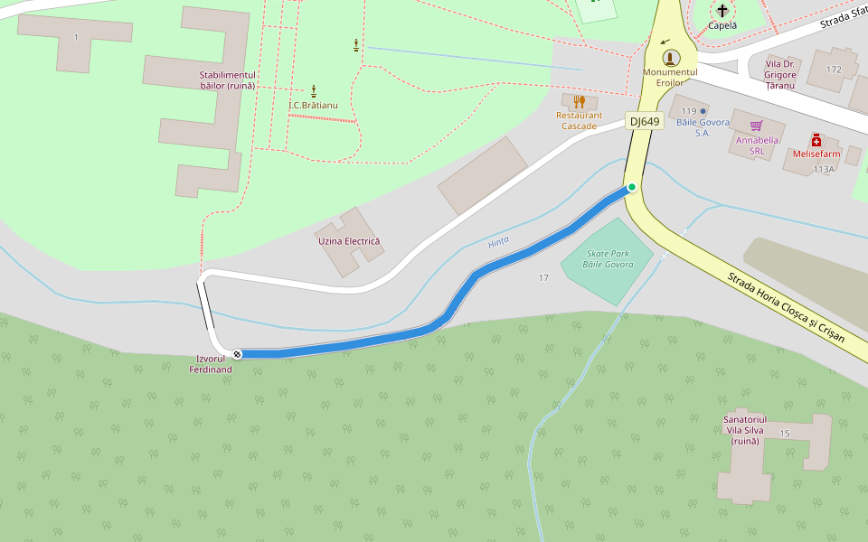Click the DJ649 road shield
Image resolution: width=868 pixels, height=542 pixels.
pos(646,121)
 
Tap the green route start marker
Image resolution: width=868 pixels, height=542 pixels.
pos(632,187)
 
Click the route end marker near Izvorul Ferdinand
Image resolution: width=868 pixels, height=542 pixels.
pos(237,353)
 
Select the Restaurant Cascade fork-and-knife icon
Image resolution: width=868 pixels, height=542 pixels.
pos(580,101)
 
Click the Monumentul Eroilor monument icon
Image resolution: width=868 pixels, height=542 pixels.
pos(671,58)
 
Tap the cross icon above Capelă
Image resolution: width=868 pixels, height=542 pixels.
pos(722,11)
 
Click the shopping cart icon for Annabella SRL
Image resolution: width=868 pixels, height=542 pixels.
pos(757,126)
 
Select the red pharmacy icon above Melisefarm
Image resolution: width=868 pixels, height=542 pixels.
pos(816,140)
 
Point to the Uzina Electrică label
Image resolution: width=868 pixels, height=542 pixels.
pos(349,241)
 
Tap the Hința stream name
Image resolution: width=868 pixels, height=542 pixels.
pos(498,242)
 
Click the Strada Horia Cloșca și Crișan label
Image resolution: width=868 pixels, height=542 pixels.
pos(785,307)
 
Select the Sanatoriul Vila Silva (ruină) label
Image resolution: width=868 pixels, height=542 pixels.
pos(745,430)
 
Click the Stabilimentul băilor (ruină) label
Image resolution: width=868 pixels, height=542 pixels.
pos(228,79)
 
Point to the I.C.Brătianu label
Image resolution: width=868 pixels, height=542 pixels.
pos(313,105)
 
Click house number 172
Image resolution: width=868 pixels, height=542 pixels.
pos(833,69)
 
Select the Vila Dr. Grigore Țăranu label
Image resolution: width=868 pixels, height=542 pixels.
pos(780,74)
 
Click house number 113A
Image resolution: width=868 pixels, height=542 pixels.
pos(824,169)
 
